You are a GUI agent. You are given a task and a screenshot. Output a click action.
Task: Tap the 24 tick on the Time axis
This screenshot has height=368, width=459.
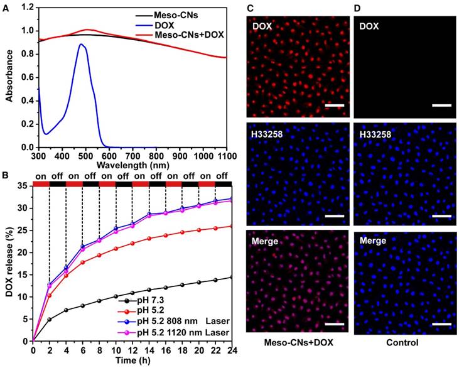coord(232,349)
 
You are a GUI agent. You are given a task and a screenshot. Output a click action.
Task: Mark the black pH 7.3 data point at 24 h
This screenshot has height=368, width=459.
coord(232,277)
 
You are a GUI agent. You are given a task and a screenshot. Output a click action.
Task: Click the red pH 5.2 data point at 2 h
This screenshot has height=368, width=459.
coord(50,295)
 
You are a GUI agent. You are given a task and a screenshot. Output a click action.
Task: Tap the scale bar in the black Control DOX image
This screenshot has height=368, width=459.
coord(442,106)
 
